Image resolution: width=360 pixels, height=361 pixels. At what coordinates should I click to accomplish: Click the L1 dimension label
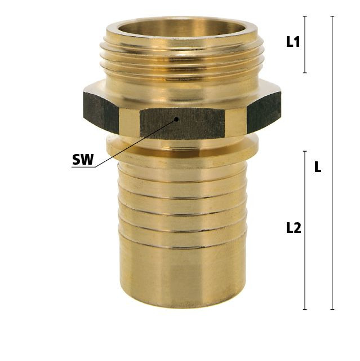click(x=293, y=42)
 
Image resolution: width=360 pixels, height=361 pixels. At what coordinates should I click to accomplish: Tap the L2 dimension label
click(x=294, y=228)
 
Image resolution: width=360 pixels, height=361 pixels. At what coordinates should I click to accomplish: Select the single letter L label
click(x=318, y=167)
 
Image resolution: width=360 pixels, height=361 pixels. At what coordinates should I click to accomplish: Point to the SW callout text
click(x=83, y=159)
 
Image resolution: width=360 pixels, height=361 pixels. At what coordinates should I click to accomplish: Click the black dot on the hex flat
click(x=176, y=119)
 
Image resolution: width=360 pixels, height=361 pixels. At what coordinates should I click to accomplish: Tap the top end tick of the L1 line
click(x=305, y=16)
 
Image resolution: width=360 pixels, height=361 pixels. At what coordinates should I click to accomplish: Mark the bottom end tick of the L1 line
click(x=305, y=73)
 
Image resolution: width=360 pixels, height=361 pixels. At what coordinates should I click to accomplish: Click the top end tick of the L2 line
click(x=305, y=151)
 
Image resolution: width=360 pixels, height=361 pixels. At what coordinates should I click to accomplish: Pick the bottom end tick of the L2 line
click(x=305, y=309)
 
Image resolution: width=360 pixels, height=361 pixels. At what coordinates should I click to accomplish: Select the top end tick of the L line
click(x=332, y=16)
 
